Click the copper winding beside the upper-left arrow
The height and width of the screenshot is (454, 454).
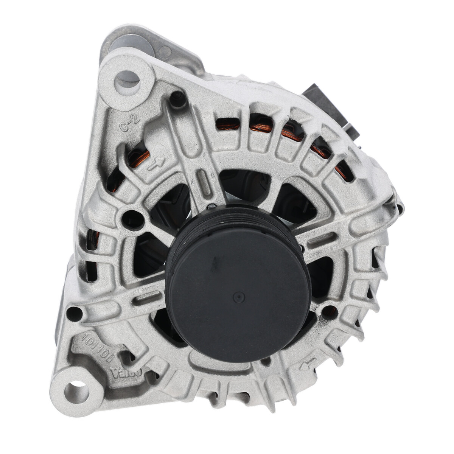(x=141, y=159)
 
